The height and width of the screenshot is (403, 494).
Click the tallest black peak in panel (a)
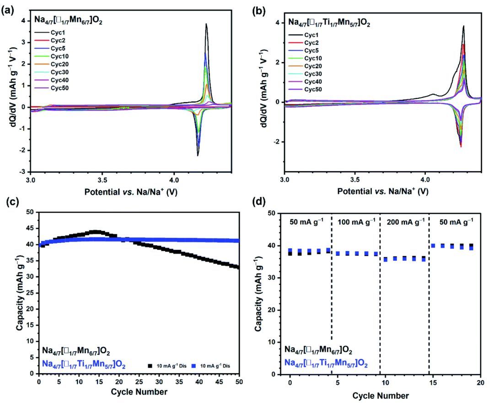[x=206, y=25]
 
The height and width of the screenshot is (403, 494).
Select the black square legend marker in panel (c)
[x=150, y=365]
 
